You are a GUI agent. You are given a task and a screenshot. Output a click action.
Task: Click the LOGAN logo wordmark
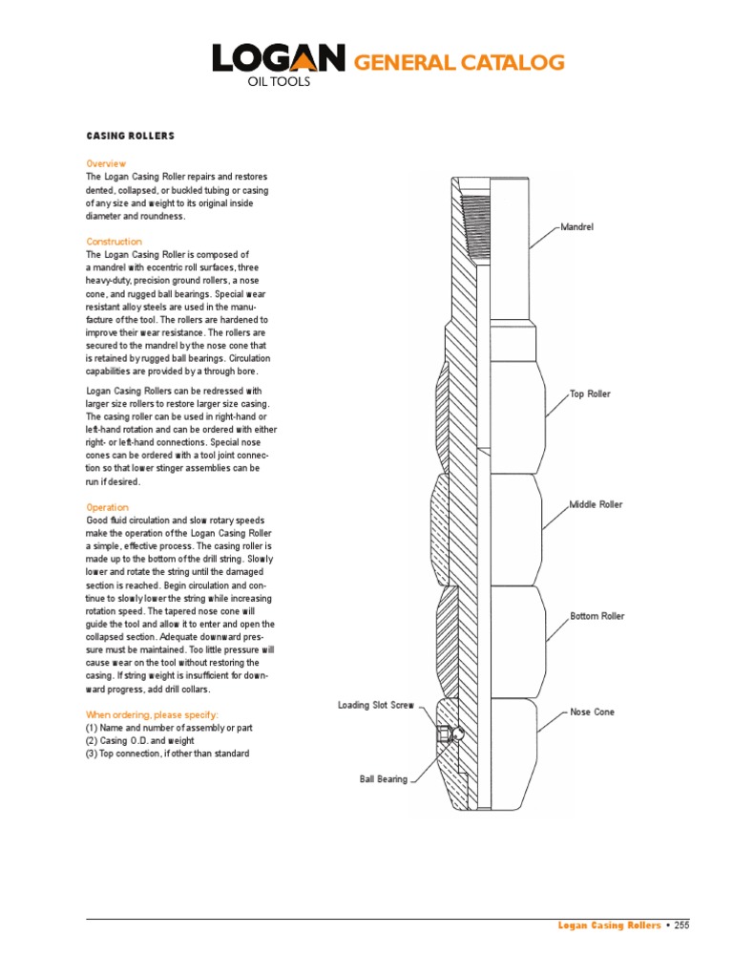pos(278,59)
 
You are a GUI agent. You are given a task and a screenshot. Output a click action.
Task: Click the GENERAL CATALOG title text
pos(459,63)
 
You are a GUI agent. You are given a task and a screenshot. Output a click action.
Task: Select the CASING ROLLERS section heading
pos(131,137)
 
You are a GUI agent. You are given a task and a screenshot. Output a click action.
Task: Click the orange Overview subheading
pos(106,164)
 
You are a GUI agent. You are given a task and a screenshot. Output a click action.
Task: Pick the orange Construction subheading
pos(114,242)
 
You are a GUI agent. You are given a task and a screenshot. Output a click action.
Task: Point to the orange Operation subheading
pos(107,507)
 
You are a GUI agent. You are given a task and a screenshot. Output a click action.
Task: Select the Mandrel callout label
pos(576,227)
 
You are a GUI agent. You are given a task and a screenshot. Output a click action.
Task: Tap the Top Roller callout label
pos(589,393)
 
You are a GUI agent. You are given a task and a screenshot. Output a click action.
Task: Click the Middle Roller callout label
pos(596,504)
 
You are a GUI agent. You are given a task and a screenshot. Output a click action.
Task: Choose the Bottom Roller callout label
pos(597,616)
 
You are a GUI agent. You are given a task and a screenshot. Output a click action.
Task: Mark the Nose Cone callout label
pos(592,712)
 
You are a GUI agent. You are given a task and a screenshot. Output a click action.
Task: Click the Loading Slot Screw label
pos(375,705)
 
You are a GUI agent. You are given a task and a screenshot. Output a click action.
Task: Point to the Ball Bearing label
pos(384,779)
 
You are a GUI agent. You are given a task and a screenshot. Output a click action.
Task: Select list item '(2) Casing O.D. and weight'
pos(142,740)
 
